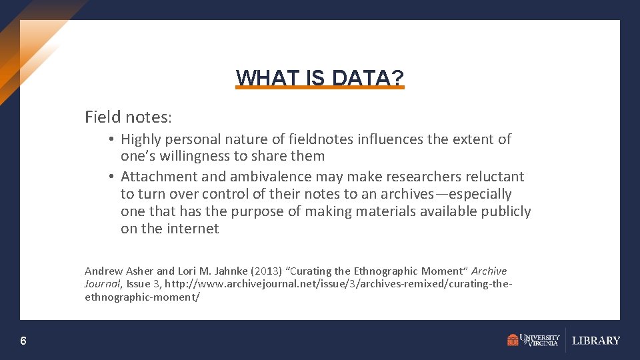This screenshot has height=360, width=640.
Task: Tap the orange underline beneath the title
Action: [x=320, y=87]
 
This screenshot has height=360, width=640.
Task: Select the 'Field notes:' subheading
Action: [x=128, y=117]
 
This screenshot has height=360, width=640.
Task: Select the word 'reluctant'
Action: [x=495, y=177]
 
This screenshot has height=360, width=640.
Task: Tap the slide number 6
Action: [x=23, y=341]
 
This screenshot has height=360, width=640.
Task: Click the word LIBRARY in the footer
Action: [x=596, y=341]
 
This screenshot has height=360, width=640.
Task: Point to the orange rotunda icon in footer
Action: [x=512, y=341]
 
